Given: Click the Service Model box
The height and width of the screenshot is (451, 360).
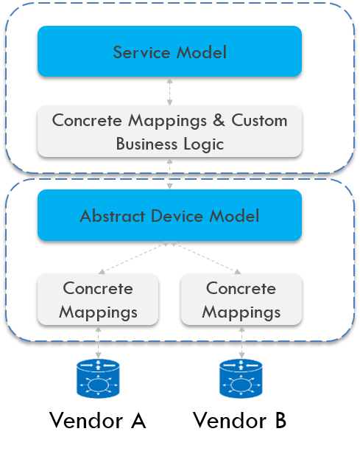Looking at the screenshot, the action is (x=169, y=51).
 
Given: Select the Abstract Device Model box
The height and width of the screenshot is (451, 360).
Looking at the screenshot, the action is (x=169, y=215).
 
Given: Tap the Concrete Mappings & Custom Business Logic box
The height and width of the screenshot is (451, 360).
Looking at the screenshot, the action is (x=169, y=131).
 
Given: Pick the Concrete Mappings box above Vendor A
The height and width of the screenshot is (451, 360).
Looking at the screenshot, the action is (x=98, y=299).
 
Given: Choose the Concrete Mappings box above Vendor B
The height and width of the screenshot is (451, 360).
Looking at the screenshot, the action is (x=241, y=299).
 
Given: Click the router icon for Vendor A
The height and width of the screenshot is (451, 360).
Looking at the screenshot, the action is (x=98, y=379).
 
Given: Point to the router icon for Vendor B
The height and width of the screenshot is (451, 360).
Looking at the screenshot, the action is (x=241, y=379).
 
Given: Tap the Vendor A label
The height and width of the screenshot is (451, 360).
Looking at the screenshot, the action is (x=98, y=421).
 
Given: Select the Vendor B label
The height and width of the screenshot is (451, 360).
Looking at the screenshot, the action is (x=239, y=421).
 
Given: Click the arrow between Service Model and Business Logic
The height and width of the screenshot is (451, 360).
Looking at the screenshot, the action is (x=170, y=92).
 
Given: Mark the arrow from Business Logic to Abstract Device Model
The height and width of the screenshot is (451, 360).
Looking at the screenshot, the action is (x=170, y=174).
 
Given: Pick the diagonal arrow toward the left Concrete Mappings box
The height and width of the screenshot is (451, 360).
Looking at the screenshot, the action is (x=133, y=258).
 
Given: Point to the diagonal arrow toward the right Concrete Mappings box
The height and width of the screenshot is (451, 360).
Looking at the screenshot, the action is (x=206, y=258).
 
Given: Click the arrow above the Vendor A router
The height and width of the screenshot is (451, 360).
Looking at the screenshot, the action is (x=98, y=342).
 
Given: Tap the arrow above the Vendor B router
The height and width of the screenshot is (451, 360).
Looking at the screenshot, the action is (x=241, y=342).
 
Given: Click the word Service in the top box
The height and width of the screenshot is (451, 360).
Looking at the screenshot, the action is (x=141, y=52).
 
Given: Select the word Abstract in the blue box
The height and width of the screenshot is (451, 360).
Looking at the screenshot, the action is (x=113, y=216).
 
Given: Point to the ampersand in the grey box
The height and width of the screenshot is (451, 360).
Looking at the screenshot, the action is (x=219, y=120).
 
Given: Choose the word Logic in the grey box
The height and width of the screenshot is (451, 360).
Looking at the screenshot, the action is (x=203, y=144).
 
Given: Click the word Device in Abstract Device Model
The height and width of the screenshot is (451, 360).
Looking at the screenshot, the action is (x=177, y=216).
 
